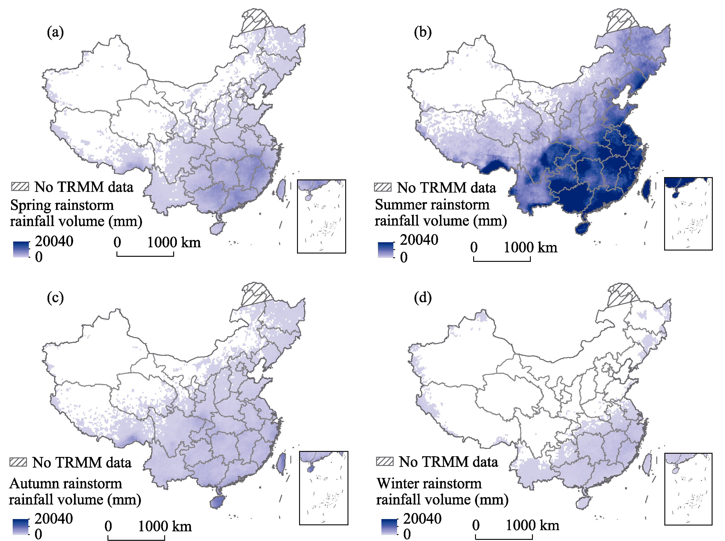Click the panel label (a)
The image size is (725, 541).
[55, 32]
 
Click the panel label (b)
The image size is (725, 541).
[422, 32]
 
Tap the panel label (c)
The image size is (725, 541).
[55, 298]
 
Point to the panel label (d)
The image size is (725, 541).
[422, 298]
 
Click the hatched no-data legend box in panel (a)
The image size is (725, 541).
[20, 187]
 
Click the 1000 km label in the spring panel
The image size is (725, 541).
[174, 243]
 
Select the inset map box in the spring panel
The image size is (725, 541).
[321, 216]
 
